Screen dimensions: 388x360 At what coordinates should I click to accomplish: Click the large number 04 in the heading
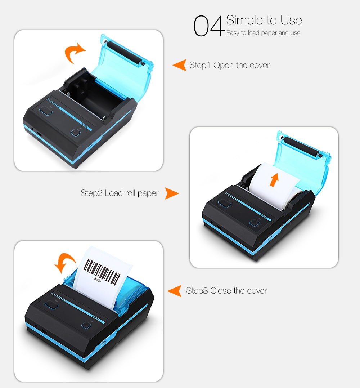tap(209, 26)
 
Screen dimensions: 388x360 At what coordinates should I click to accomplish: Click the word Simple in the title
tap(244, 20)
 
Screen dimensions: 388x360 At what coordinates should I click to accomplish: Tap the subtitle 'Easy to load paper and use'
tap(263, 33)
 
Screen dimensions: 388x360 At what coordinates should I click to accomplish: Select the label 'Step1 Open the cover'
tap(229, 65)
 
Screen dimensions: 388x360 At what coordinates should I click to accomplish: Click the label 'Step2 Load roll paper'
tap(120, 193)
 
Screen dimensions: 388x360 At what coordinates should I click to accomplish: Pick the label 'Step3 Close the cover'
tap(226, 291)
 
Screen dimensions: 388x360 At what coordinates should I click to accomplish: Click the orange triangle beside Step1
tap(180, 65)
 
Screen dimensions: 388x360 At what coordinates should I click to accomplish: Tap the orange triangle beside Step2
tap(172, 193)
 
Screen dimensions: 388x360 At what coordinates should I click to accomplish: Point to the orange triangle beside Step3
tap(175, 291)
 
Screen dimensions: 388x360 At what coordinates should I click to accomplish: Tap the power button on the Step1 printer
tap(76, 133)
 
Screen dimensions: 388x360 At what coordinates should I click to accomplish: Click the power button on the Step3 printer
tap(86, 325)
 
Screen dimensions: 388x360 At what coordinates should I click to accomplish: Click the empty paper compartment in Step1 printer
tap(86, 95)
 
